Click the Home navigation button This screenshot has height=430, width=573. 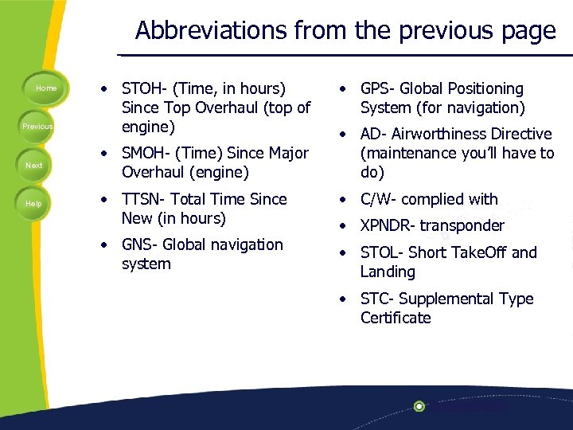(x=46, y=88)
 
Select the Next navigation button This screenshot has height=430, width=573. (x=34, y=165)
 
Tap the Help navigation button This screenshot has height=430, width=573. (x=33, y=204)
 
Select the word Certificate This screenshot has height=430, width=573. (x=396, y=318)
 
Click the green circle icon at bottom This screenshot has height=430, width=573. (x=419, y=406)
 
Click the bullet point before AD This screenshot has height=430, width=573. (x=341, y=135)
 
